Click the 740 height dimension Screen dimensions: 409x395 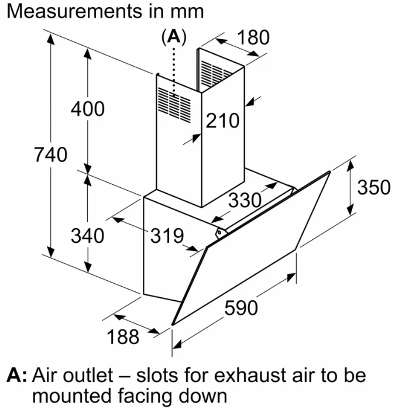coord(51,156)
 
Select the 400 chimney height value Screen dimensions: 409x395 coord(87,109)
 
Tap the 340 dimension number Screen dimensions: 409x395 coord(87,236)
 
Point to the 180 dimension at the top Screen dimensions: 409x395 coord(253,37)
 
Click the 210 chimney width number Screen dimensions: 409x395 coord(222,121)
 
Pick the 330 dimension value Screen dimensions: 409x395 coord(244,200)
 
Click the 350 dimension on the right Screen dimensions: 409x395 coord(373,187)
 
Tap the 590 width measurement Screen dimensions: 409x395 coord(241,307)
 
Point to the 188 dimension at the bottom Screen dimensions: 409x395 coord(124,336)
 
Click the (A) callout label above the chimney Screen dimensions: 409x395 coord(173,37)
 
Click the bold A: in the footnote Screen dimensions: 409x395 coord(16,374)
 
